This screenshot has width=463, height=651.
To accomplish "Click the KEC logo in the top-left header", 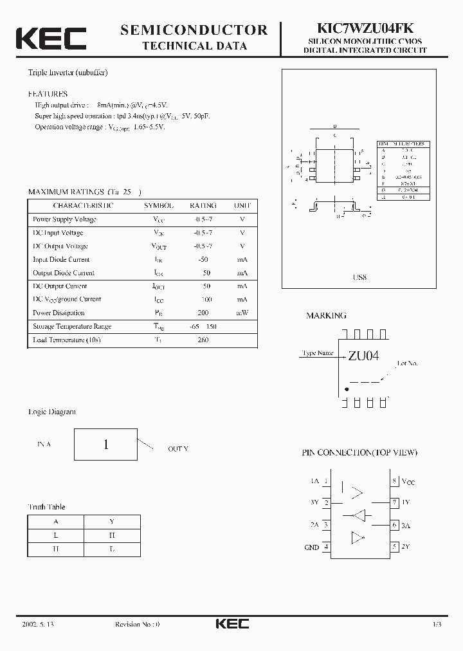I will coord(51,38).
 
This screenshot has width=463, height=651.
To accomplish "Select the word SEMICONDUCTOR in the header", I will coord(194,30).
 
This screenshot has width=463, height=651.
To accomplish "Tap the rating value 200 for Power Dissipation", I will coord(203,313).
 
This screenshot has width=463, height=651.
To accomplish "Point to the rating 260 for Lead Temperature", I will coord(203,340).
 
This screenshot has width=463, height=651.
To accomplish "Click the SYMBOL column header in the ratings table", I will coord(158,206).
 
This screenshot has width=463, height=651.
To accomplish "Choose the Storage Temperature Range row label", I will coord(72,327).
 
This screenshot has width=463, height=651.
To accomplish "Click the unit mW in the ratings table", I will coord(242,313).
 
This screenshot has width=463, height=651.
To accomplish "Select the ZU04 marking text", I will coord(363,356).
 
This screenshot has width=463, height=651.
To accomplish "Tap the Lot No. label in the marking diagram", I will coord(407,363).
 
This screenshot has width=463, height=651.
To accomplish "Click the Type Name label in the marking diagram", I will coord(317,353).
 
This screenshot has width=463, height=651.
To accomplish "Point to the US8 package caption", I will coord(359,277).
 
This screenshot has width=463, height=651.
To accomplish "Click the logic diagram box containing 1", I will coord(105,445).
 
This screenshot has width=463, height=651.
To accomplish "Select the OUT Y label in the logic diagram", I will coord(178,449).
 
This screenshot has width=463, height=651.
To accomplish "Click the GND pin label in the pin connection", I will coord(311,547).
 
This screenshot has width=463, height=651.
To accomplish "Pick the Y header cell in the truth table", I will coord(111,522).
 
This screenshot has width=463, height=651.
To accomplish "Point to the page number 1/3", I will coord(437,625).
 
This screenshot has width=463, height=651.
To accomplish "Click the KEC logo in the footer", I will coord(232,624).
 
